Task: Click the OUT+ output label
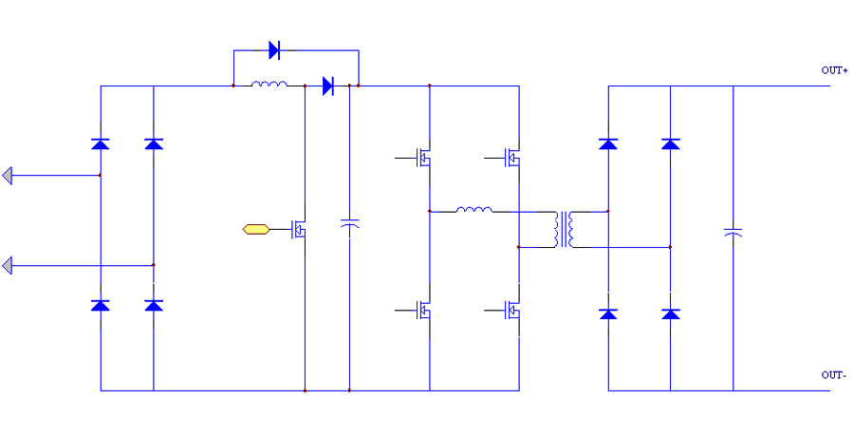click(x=833, y=70)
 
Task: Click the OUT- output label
click(x=833, y=375)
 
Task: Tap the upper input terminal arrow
click(x=8, y=175)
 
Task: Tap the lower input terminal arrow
click(x=8, y=265)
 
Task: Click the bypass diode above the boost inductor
click(x=274, y=49)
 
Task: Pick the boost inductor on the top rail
click(x=269, y=85)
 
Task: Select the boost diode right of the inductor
click(x=328, y=85)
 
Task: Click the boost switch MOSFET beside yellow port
click(x=299, y=229)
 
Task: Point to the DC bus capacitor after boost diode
click(x=349, y=226)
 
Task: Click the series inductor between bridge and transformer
click(x=474, y=209)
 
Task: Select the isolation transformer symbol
click(x=567, y=229)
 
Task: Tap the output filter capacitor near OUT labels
click(x=733, y=231)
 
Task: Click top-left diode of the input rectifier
click(x=100, y=143)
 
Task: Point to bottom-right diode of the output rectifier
click(x=671, y=313)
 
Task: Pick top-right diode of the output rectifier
click(x=671, y=143)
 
